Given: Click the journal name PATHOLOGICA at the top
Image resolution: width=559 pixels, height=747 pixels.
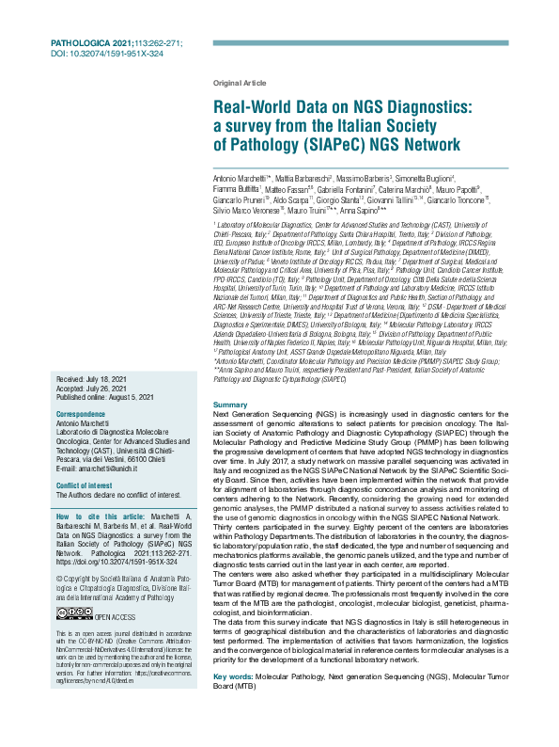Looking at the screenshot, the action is tap(80, 44).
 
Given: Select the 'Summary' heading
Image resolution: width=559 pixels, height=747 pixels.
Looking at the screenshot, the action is tap(231, 405).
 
